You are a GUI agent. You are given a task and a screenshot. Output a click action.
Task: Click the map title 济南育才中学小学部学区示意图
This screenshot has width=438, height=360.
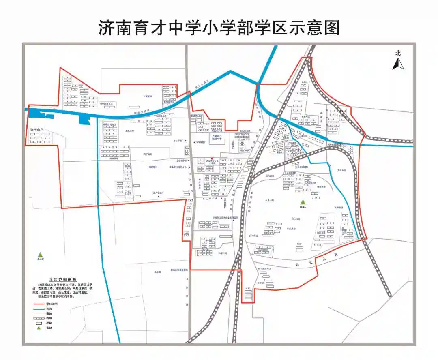[x=219, y=28]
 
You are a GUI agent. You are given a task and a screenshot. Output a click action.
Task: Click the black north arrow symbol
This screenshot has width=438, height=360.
[x=398, y=64]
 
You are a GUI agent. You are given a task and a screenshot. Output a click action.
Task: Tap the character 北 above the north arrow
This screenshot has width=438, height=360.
[x=398, y=53]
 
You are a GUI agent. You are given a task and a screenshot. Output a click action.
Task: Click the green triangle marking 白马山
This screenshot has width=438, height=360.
[x=302, y=202]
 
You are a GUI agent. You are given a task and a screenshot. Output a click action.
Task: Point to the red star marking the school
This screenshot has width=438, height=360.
[x=212, y=159]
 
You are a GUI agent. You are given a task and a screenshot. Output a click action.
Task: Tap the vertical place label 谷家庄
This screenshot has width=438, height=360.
[x=322, y=117]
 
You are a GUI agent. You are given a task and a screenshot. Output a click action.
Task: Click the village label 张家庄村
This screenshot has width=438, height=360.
[x=129, y=131]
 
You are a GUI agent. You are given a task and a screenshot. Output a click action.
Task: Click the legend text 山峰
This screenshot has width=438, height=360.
[x=49, y=328]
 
